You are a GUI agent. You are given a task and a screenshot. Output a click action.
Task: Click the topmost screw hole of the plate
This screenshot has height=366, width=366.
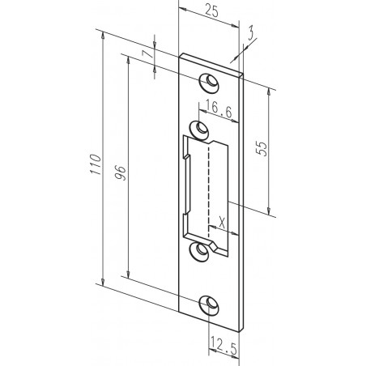[x=210, y=81]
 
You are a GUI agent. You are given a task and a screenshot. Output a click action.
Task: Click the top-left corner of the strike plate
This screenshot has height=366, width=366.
[x=181, y=56]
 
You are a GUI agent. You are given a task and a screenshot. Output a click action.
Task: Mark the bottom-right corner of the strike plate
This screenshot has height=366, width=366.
[x=241, y=330]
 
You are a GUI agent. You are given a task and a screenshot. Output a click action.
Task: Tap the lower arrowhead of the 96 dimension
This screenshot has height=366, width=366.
[x=129, y=271]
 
